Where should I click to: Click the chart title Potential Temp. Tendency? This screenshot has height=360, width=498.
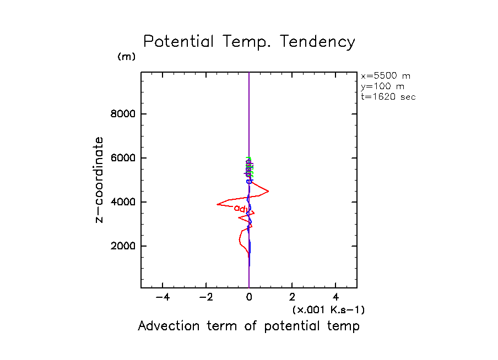coord(249,42)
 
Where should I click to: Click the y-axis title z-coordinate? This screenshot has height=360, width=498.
coord(99,179)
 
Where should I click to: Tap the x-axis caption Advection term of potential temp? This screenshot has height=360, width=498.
coord(248,326)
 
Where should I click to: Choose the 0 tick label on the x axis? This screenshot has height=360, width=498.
coord(250,297)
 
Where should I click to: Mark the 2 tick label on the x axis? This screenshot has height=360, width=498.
coord(293,297)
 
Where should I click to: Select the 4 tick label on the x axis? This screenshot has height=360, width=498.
coord(336,297)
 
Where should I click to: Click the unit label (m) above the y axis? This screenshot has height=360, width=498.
coord(126,57)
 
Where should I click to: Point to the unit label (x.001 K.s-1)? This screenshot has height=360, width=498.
coord(328,310)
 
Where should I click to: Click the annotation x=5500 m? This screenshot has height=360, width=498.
coord(385,76)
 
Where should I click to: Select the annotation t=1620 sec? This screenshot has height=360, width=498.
coord(388,97)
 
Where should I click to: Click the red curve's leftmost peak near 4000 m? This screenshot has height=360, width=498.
coord(217,204)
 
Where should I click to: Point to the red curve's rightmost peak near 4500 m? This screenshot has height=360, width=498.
coord(268,191)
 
